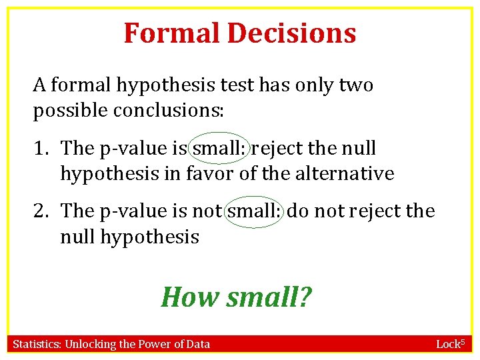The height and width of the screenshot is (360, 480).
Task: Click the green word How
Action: click(190, 297)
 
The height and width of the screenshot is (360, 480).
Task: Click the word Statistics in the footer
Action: click(37, 344)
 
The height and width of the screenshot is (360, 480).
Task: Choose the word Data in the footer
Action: click(197, 344)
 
